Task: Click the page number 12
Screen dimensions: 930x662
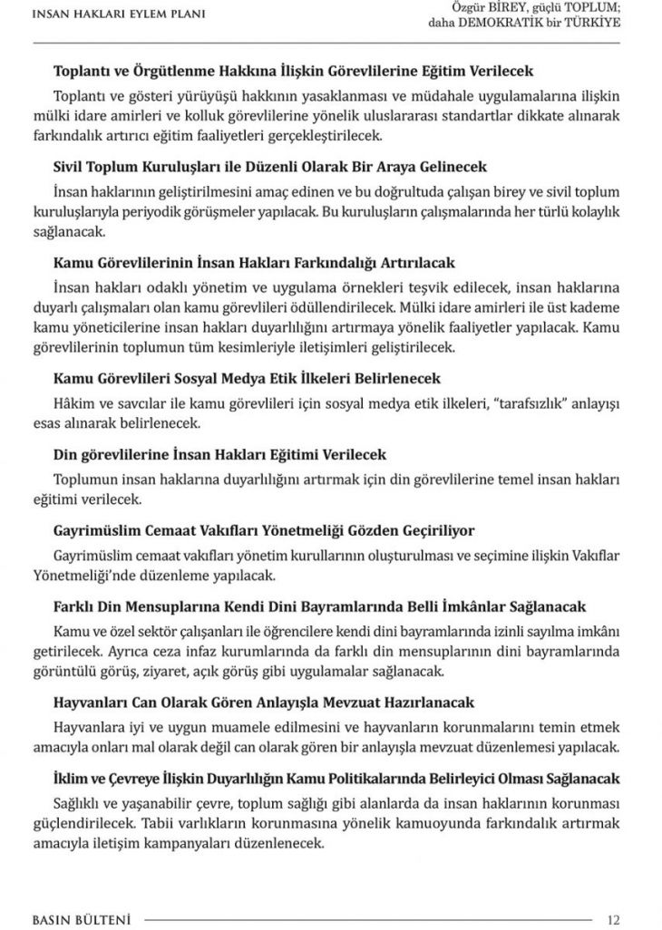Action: click(x=614, y=919)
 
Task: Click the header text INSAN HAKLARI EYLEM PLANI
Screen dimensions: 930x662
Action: click(x=118, y=14)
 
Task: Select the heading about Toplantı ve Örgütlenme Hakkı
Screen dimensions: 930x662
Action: click(x=294, y=70)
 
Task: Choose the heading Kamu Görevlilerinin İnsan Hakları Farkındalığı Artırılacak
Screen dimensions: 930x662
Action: click(x=253, y=264)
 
